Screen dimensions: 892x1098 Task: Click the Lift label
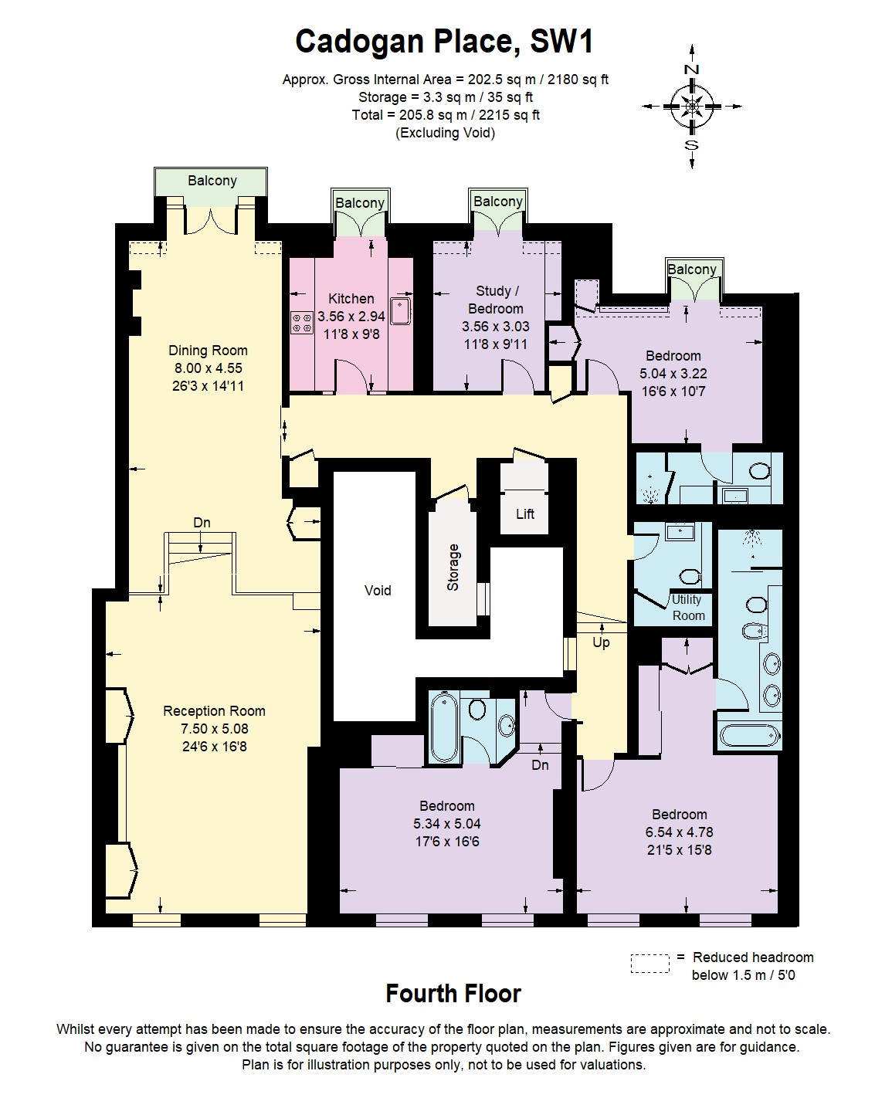pyautogui.click(x=525, y=514)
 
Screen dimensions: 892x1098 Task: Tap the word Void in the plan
pyautogui.click(x=378, y=590)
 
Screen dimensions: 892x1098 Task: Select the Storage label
pyautogui.click(x=453, y=567)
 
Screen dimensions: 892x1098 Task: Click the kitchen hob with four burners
pyautogui.click(x=302, y=322)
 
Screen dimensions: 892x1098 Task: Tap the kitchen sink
pyautogui.click(x=400, y=311)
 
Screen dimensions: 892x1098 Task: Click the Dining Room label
pyautogui.click(x=208, y=351)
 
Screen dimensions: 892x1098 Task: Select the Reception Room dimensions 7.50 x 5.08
pyautogui.click(x=215, y=728)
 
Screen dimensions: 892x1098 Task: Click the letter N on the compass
pyautogui.click(x=691, y=69)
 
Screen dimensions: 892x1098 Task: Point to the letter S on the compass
pyautogui.click(x=691, y=145)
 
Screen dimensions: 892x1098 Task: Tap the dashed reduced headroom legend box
pyautogui.click(x=649, y=964)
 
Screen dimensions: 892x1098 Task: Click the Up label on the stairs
pyautogui.click(x=601, y=642)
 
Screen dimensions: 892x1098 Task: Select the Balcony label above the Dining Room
pyautogui.click(x=212, y=181)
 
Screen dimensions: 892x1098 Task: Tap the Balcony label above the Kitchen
pyautogui.click(x=360, y=202)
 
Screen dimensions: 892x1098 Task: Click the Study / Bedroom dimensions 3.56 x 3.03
pyautogui.click(x=496, y=327)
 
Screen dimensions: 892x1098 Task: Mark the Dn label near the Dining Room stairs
pyautogui.click(x=202, y=522)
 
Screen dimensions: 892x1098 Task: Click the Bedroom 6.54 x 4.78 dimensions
pyautogui.click(x=679, y=832)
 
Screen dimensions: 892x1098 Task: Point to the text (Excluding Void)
pyautogui.click(x=445, y=133)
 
